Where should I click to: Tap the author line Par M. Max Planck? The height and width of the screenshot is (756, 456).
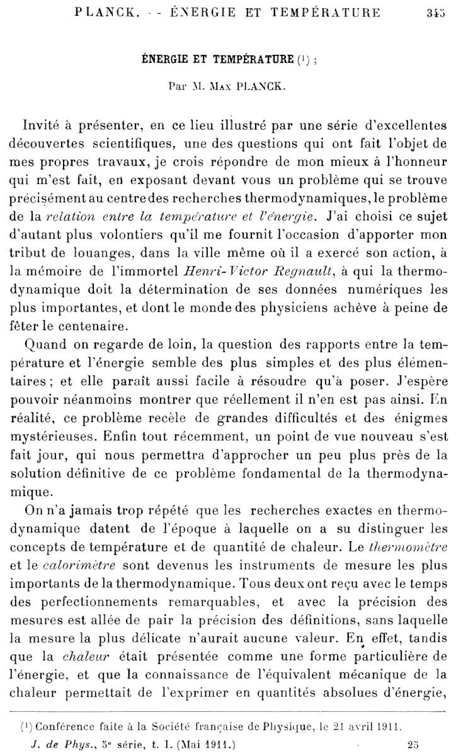click(227, 88)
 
